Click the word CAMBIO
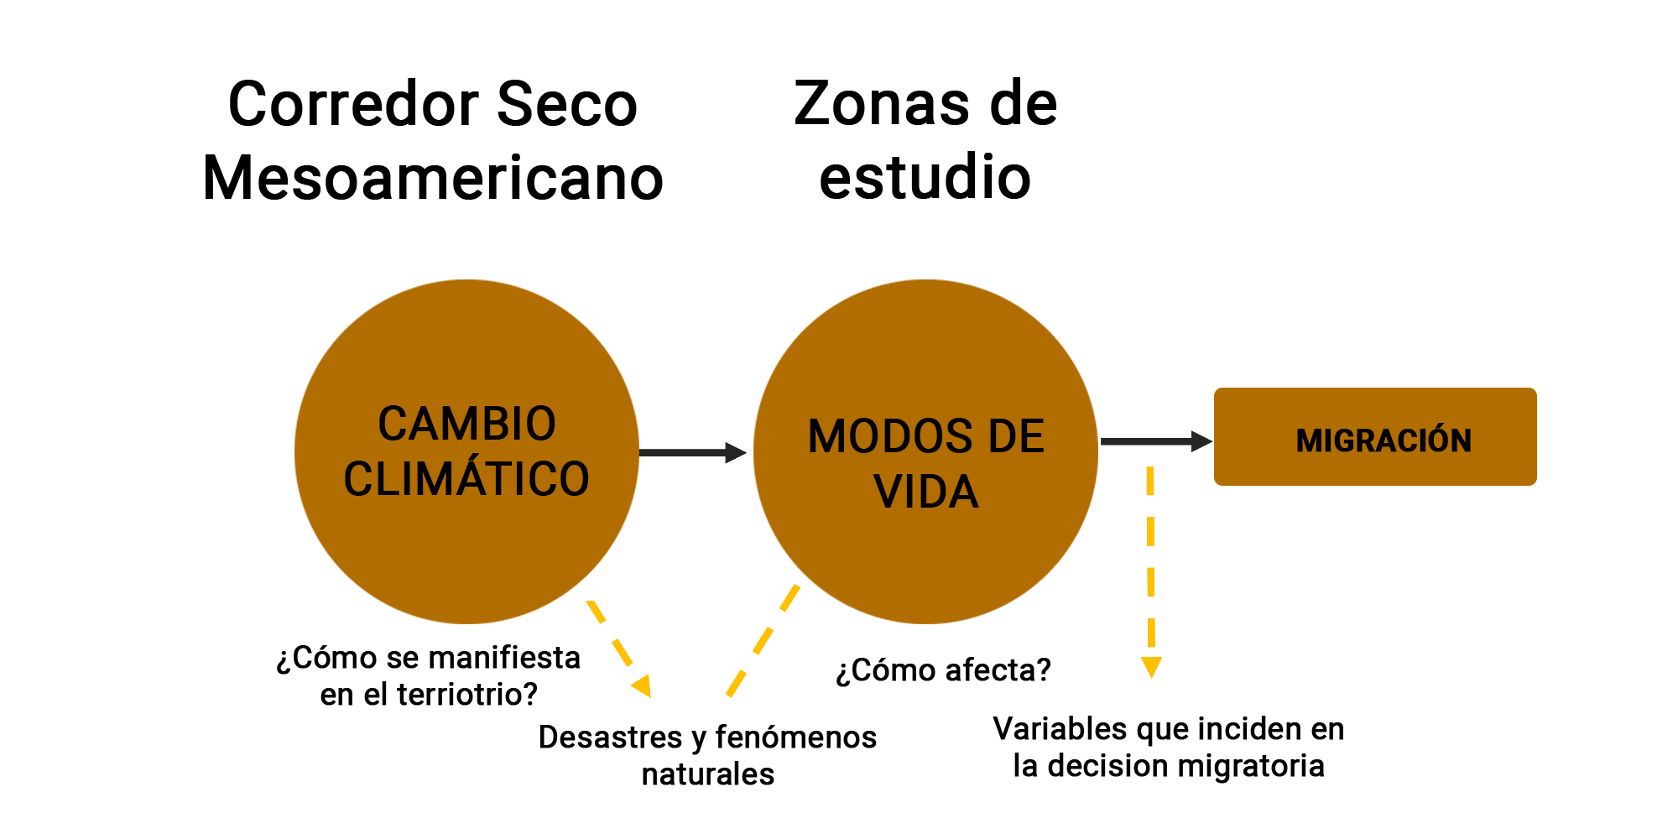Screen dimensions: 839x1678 [466, 424]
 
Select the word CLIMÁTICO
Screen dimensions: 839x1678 [466, 479]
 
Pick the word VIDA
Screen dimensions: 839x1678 [926, 492]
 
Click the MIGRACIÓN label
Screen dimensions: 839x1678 [1384, 441]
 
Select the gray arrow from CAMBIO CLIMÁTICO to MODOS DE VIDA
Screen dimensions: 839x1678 [692, 453]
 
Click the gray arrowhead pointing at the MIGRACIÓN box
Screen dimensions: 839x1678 [1203, 441]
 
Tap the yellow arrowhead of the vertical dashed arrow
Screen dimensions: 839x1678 [1151, 667]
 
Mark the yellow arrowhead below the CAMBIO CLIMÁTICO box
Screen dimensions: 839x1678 [642, 685]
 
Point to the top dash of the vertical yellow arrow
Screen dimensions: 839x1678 [1150, 482]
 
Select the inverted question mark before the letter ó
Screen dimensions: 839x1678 [847, 673]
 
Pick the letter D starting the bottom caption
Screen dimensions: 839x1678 [545, 737]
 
